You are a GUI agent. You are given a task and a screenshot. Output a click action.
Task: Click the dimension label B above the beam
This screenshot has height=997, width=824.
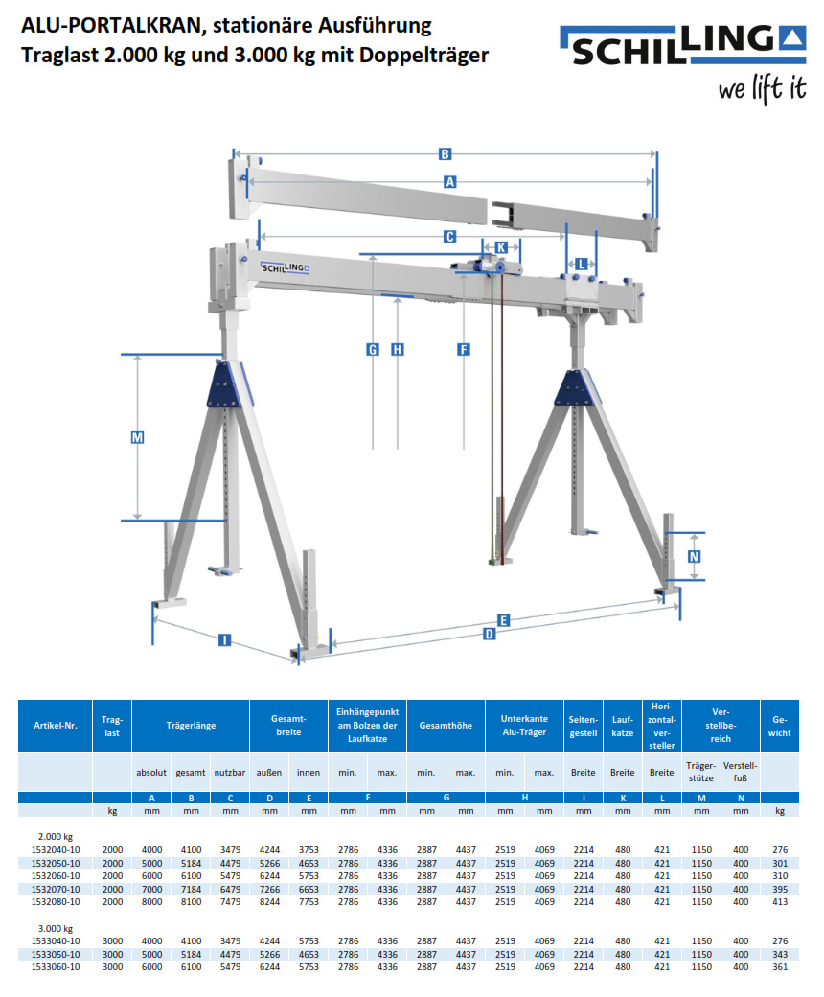(445, 153)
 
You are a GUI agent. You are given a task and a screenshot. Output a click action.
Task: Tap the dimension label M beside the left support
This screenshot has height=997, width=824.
(137, 437)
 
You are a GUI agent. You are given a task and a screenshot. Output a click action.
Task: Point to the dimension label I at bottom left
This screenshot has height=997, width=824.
(224, 639)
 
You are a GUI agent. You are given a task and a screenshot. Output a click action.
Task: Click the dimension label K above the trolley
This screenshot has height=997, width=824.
(502, 246)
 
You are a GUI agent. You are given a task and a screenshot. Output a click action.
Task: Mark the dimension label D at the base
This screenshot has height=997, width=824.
(489, 635)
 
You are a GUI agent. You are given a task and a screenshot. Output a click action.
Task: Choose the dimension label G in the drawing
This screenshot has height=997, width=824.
(373, 349)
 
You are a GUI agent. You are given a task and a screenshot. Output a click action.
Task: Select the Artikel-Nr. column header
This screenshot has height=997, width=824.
(55, 726)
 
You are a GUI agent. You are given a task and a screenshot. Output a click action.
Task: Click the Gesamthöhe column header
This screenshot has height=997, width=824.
(446, 726)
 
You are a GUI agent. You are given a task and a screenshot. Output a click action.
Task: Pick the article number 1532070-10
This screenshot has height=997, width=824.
(55, 890)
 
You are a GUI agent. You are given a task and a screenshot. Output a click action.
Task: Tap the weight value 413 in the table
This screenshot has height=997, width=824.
(779, 902)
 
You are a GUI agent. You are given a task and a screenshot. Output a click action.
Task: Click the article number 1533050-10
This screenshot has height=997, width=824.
(55, 954)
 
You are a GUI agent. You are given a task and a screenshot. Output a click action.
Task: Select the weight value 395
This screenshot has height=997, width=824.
(779, 890)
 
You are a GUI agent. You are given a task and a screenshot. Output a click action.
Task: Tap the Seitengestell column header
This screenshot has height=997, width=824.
(584, 726)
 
